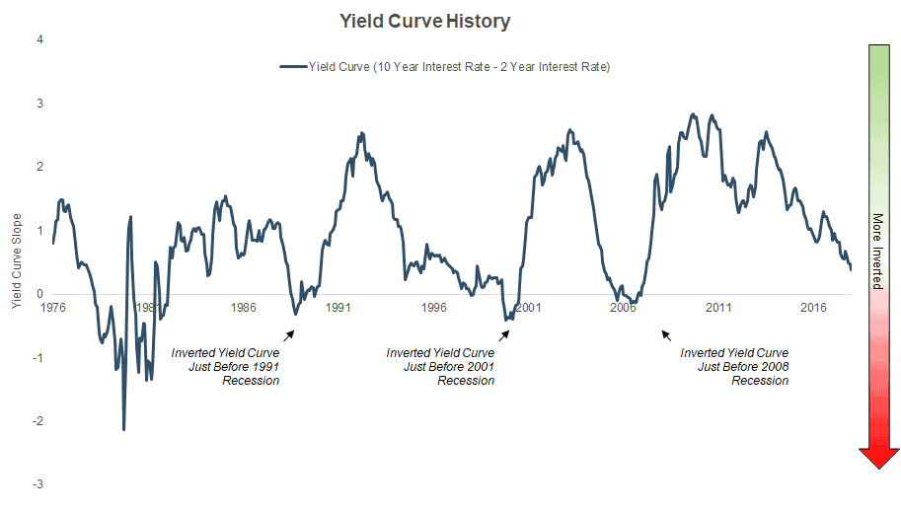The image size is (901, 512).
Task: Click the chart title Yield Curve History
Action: tap(425, 21)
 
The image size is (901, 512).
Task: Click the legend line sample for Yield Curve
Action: tap(294, 67)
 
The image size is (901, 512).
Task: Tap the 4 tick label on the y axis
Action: tap(38, 40)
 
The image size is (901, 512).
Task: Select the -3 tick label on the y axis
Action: tap(37, 484)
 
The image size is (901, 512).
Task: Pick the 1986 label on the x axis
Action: tap(244, 307)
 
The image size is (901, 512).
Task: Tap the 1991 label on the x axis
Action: tap(338, 307)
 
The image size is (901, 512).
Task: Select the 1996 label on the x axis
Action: tap(433, 307)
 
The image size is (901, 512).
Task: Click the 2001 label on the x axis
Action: tap(528, 307)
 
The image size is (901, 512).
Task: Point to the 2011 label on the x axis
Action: tap(718, 307)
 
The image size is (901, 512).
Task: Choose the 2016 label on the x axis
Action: tap(813, 307)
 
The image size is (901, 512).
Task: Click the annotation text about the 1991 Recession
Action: tap(225, 366)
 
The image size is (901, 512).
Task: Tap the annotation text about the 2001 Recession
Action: tap(440, 366)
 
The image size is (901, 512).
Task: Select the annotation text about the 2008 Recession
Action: tap(734, 366)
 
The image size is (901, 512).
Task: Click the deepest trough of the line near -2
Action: tap(124, 429)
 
